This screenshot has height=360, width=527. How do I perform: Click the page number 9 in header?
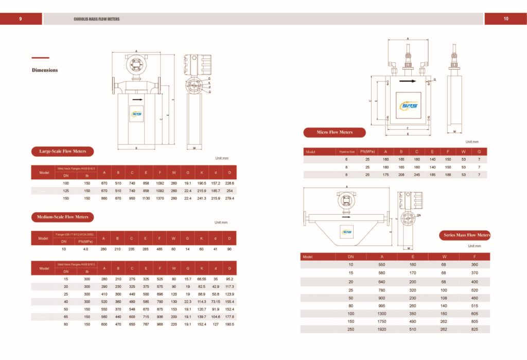20,19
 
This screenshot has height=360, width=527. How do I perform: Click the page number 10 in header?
505,19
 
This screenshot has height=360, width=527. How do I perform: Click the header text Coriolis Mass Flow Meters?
96,19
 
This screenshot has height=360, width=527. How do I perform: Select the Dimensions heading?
45,70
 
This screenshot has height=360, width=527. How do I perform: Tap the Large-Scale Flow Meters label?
63,151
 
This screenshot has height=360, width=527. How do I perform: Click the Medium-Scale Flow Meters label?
62,217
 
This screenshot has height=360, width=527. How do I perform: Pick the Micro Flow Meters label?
335,132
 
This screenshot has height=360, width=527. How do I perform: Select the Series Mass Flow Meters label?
467,235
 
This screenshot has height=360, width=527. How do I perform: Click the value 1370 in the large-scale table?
160,198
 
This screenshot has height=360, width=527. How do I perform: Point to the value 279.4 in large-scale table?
230,198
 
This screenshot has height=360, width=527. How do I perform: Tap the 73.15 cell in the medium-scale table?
216,301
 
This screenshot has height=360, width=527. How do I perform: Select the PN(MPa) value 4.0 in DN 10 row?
85,249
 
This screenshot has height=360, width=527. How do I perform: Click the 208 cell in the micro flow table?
401,175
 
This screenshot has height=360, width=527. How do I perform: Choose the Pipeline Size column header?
346,152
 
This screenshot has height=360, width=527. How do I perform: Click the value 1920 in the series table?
381,329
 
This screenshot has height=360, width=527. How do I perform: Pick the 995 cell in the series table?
381,305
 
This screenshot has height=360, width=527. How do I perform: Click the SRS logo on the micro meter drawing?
409,106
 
